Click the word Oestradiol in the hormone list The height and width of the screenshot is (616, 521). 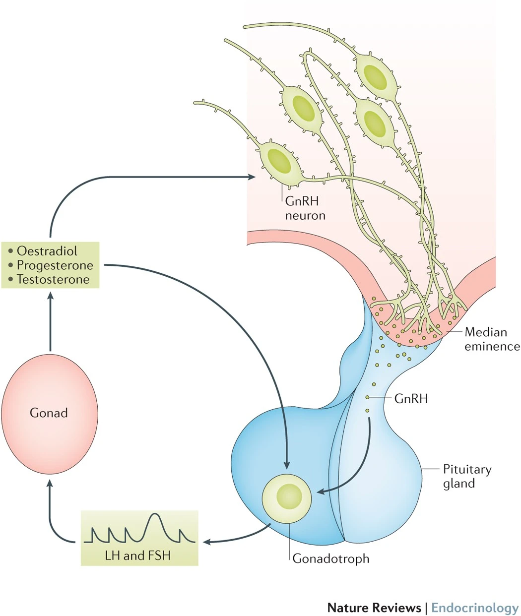coord(47,251)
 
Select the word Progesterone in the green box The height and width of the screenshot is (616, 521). coord(55,265)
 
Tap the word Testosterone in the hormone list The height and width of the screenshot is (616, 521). coord(53,279)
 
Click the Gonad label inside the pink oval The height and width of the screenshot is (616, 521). coord(49,413)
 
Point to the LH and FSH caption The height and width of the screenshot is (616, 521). coord(137,555)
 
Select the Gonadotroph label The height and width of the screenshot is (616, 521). coord(330,558)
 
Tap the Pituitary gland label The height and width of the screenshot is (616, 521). coord(466,476)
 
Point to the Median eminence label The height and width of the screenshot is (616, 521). coord(491,339)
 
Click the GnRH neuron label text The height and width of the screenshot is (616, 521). coord(305,208)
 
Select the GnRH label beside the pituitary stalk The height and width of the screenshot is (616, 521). coord(411,398)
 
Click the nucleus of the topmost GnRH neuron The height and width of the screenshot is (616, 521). coord(375,77)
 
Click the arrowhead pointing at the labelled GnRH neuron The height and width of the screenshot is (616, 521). coord(253,177)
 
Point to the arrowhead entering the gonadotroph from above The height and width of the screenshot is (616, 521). coord(287,465)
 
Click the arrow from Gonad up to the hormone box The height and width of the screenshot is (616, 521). coord(50,322)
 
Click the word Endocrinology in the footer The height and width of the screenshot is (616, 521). coord(474,608)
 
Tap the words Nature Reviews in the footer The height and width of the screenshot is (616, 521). coord(374,608)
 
